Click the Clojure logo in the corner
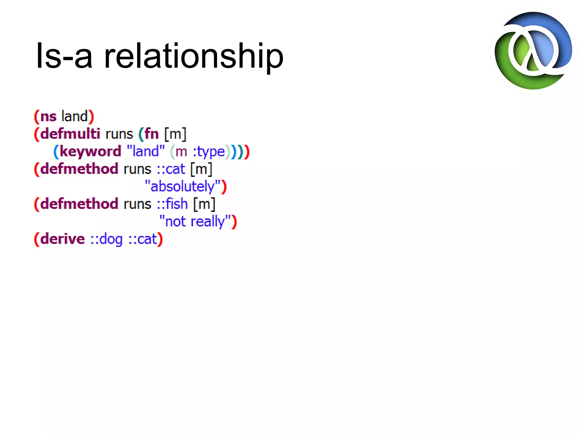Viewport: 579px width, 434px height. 533,51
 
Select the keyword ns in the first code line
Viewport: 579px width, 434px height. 48,117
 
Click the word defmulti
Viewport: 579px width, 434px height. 70,134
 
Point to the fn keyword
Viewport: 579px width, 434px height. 152,134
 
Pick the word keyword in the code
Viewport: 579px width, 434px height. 90,151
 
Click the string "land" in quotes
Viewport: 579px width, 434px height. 146,151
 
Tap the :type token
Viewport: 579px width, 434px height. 209,152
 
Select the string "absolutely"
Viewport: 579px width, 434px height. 182,186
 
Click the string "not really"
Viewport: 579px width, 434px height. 195,221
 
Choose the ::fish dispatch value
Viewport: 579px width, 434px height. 172,204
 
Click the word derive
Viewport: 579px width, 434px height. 62,239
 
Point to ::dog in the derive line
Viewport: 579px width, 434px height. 107,239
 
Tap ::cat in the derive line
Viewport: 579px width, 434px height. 142,239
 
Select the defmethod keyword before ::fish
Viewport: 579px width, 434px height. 79,204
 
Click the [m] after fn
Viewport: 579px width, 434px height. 175,134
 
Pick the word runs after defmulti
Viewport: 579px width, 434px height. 119,134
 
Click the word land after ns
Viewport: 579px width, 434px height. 74,116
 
